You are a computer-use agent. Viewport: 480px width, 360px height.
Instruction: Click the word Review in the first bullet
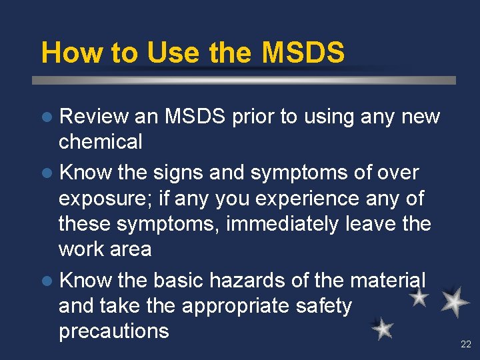[93, 117]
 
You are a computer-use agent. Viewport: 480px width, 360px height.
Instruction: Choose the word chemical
[101, 141]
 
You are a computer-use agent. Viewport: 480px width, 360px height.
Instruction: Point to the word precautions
[113, 331]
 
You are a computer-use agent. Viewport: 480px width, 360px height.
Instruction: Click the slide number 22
[465, 344]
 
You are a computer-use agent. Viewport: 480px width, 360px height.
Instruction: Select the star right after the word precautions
[382, 329]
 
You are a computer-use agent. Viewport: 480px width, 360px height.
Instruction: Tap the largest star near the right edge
[456, 301]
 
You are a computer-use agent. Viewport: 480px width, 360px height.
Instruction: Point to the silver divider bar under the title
[244, 81]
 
